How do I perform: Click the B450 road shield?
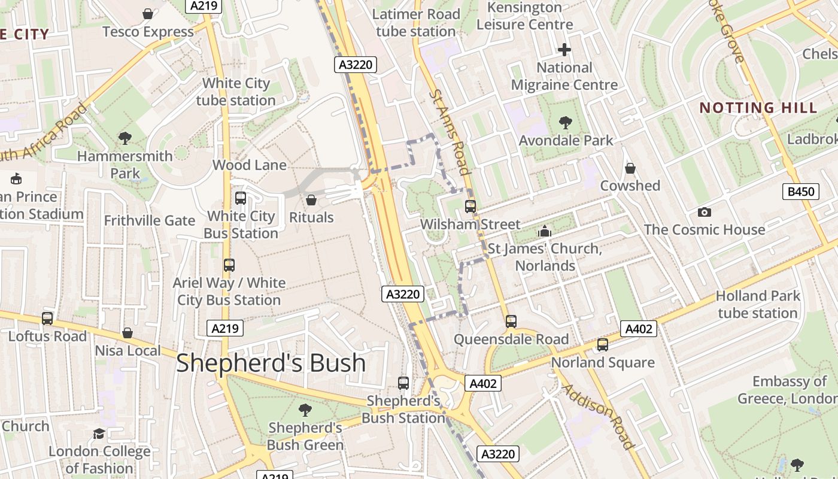[x=801, y=192]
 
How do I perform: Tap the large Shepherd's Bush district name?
[x=271, y=363]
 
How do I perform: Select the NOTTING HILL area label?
[x=758, y=108]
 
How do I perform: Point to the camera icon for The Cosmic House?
[x=705, y=212]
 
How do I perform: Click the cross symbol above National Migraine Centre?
[x=564, y=50]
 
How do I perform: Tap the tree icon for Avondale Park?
[x=565, y=123]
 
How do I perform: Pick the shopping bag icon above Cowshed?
[x=630, y=168]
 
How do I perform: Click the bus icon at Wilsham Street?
[x=470, y=207]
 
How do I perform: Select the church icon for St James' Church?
[x=545, y=231]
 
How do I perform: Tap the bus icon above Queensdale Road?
[x=511, y=322]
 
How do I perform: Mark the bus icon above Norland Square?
[x=602, y=345]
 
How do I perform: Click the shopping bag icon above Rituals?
[x=311, y=199]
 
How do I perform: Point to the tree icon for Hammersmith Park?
[x=125, y=138]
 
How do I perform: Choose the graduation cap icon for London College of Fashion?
[x=99, y=433]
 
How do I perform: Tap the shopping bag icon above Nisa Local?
[x=127, y=333]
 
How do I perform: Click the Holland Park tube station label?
[x=758, y=304]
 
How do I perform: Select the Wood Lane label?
[x=249, y=165]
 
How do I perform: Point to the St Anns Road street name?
[x=448, y=131]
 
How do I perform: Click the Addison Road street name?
[x=598, y=416]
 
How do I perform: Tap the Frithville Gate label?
[x=150, y=220]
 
